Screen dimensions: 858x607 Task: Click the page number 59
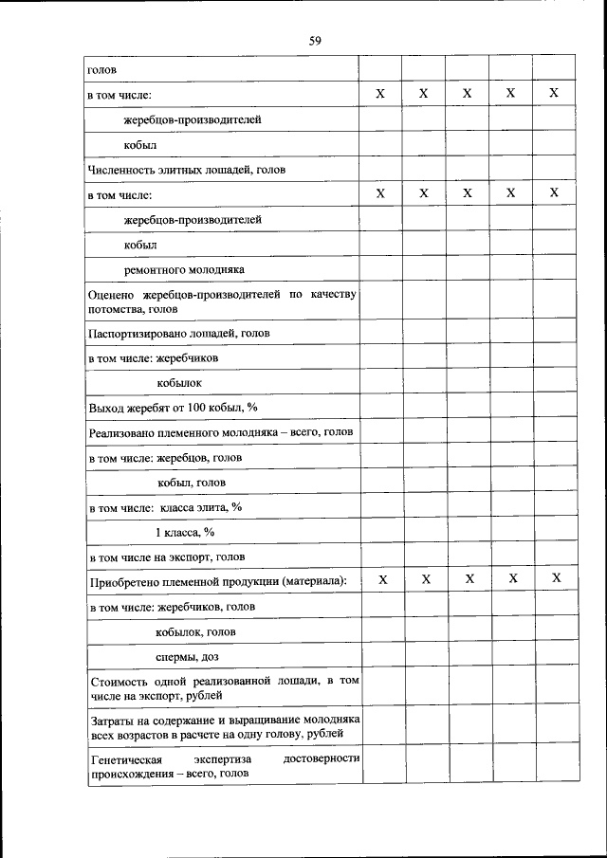point(315,40)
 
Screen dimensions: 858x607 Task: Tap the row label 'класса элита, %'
point(200,507)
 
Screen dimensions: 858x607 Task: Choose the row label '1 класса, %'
point(185,532)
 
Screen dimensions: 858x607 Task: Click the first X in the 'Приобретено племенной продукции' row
point(382,578)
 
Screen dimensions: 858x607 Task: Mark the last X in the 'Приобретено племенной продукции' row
point(557,578)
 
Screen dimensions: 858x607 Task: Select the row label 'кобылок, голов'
point(195,631)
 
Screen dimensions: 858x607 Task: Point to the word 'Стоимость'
point(118,681)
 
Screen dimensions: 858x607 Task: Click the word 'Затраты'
point(112,721)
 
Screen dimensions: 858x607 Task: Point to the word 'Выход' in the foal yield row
point(105,408)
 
